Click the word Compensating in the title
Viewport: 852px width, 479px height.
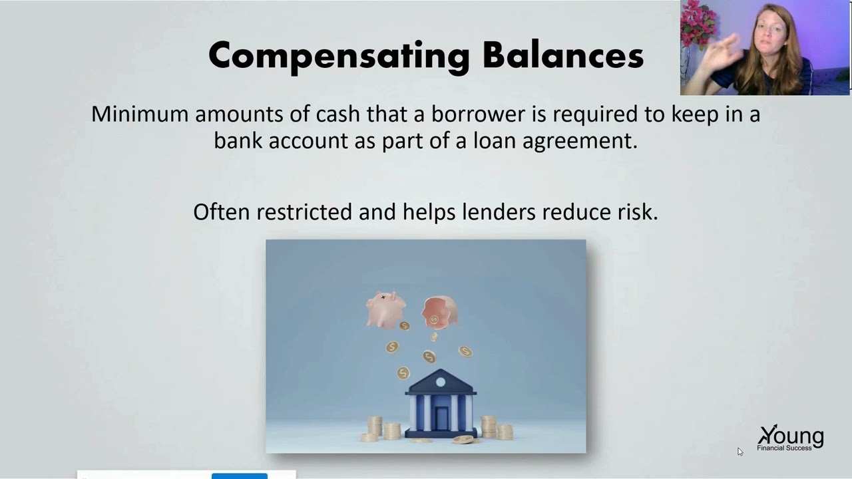click(x=339, y=56)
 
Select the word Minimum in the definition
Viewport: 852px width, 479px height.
click(x=140, y=114)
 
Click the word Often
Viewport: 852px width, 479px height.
click(x=222, y=212)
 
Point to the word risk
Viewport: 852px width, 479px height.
click(x=636, y=212)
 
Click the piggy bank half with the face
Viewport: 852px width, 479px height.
click(x=386, y=309)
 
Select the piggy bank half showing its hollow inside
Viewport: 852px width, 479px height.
click(x=439, y=311)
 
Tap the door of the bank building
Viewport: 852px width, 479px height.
click(x=441, y=418)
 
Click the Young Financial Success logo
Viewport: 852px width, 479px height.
click(x=790, y=438)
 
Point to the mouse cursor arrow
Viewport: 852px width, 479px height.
click(x=740, y=452)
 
